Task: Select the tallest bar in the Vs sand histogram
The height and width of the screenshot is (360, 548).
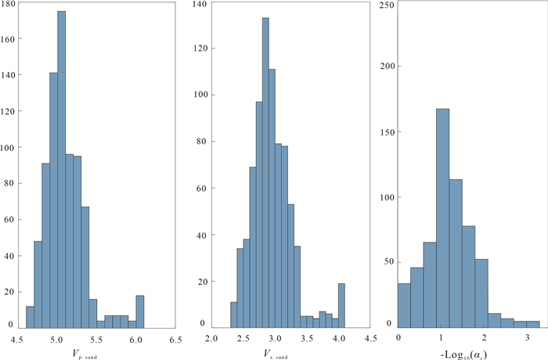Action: pyautogui.click(x=265, y=172)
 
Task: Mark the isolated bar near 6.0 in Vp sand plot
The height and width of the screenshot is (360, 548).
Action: pyautogui.click(x=139, y=311)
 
